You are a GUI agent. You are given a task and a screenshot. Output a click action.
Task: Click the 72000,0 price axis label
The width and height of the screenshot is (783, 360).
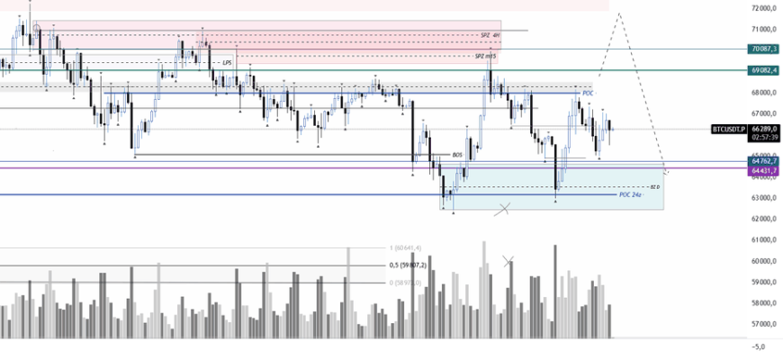pyautogui.click(x=763, y=7)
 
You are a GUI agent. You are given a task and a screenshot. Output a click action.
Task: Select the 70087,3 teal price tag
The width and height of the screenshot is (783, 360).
pyautogui.click(x=762, y=49)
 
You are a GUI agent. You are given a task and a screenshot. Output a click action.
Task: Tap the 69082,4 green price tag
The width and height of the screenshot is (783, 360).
pyautogui.click(x=762, y=69)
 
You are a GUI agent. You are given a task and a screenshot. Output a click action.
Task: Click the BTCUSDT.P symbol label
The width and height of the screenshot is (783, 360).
pyautogui.click(x=729, y=130)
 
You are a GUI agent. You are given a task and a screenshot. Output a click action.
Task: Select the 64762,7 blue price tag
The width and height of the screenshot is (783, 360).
pyautogui.click(x=762, y=161)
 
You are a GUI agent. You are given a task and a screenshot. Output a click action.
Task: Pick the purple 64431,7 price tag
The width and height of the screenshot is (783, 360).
pyautogui.click(x=762, y=168)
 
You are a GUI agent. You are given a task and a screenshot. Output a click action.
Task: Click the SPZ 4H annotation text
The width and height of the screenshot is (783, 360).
pyautogui.click(x=490, y=35)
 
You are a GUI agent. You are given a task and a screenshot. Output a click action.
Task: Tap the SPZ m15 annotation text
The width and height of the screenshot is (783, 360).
pyautogui.click(x=486, y=56)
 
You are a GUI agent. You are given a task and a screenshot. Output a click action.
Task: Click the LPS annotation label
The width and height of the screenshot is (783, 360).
pyautogui.click(x=228, y=63)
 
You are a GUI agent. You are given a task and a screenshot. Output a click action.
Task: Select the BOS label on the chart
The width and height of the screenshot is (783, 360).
pyautogui.click(x=457, y=155)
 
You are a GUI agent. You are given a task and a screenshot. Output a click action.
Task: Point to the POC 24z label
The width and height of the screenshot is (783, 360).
pyautogui.click(x=630, y=194)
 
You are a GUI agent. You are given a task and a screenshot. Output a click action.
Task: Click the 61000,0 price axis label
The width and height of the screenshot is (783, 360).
pyautogui.click(x=763, y=240)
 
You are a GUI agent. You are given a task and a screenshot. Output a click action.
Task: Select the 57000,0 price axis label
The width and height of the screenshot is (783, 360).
pyautogui.click(x=763, y=324)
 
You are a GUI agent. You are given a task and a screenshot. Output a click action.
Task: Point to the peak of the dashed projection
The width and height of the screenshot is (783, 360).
pyautogui.click(x=619, y=13)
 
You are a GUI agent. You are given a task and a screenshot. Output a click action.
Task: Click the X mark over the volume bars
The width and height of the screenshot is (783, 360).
pyautogui.click(x=508, y=261)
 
